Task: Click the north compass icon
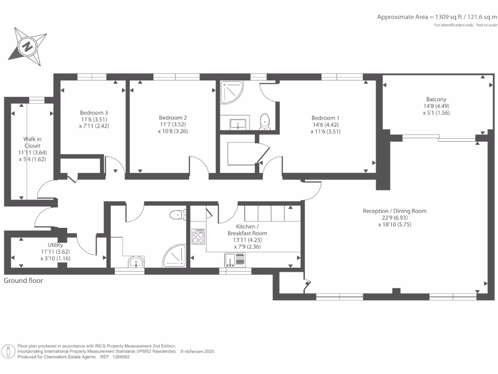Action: click(x=28, y=47)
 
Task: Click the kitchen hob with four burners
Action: click(x=198, y=237)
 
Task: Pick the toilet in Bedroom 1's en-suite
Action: click(x=265, y=121)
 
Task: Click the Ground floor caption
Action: click(x=23, y=280)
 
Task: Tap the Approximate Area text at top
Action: click(x=437, y=17)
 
